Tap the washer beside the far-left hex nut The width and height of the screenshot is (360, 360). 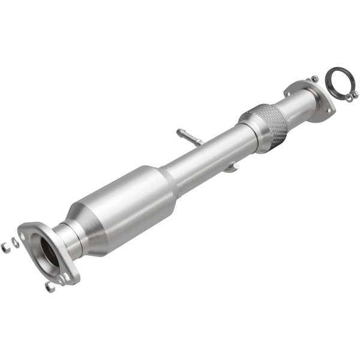[15, 242]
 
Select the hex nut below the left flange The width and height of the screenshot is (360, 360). [49, 287]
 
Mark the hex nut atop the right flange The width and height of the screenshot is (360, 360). [314, 79]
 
